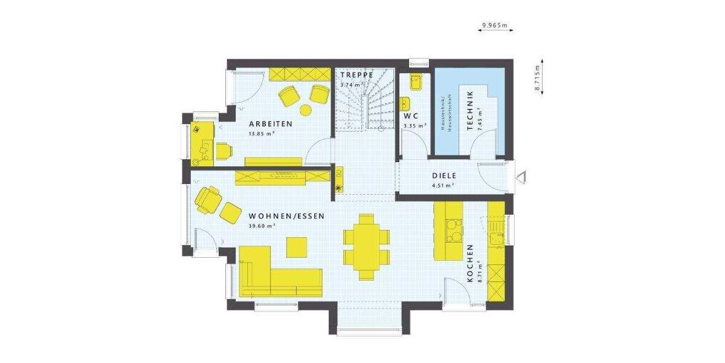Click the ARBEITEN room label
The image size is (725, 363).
[x=271, y=123]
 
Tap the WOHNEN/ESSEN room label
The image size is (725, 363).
[x=286, y=216]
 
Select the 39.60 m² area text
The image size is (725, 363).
[x=262, y=226]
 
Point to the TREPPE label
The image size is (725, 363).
[x=356, y=74]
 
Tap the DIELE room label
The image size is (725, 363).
[x=443, y=176]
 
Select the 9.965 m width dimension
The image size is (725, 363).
[x=494, y=25]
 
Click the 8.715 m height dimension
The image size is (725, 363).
[x=536, y=76]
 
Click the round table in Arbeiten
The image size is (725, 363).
[x=306, y=110]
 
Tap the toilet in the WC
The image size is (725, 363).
[x=416, y=81]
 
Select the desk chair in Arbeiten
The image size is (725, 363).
[x=224, y=151]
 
